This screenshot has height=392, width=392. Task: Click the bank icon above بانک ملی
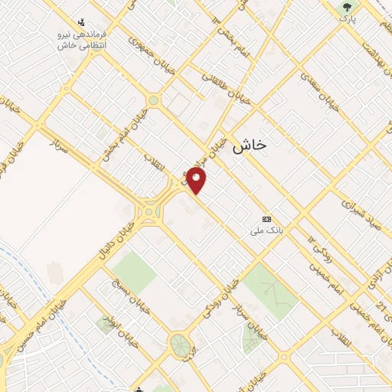266,218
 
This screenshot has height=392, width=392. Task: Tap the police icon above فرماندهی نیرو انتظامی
82,23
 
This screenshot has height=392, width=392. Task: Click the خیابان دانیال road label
110,238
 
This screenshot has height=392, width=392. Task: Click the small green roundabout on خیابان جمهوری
153,100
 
